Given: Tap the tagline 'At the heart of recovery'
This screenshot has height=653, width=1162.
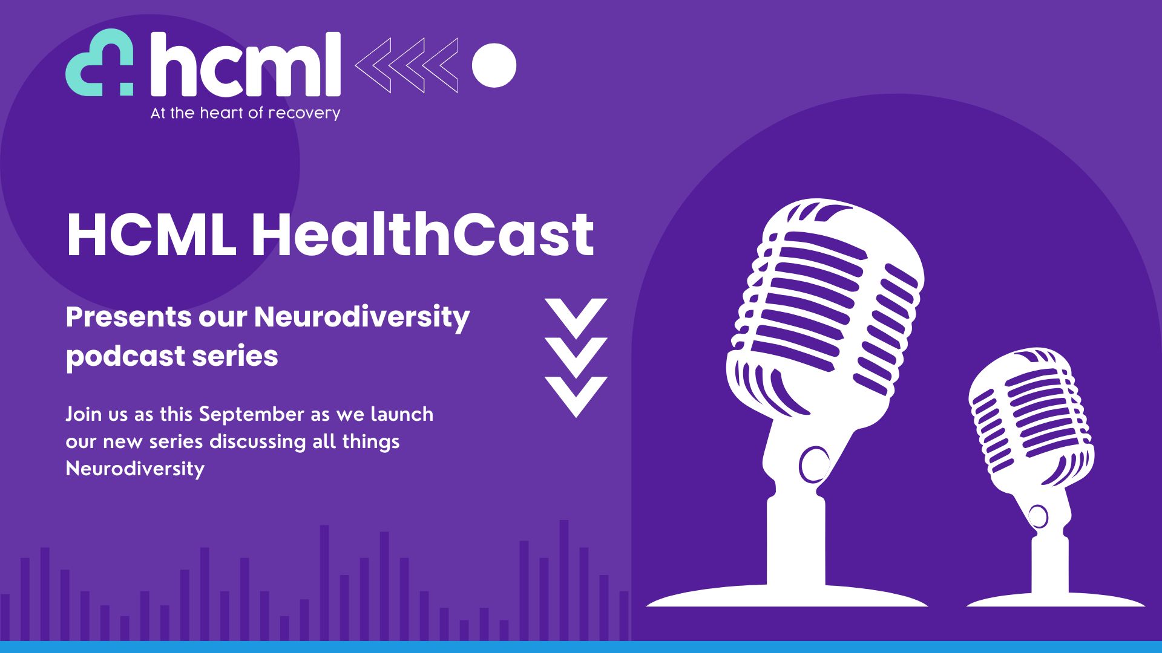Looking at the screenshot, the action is point(245,113).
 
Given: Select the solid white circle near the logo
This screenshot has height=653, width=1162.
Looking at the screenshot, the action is point(494,65).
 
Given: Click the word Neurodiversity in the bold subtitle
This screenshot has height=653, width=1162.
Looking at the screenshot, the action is point(362,317).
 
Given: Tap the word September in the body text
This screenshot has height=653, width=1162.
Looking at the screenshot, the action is point(251,414).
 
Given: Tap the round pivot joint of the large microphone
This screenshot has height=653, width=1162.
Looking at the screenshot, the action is point(815,464).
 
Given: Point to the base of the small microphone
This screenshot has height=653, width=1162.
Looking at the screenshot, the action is point(1055,598).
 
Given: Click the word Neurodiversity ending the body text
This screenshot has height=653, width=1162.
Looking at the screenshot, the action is point(135,469).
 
